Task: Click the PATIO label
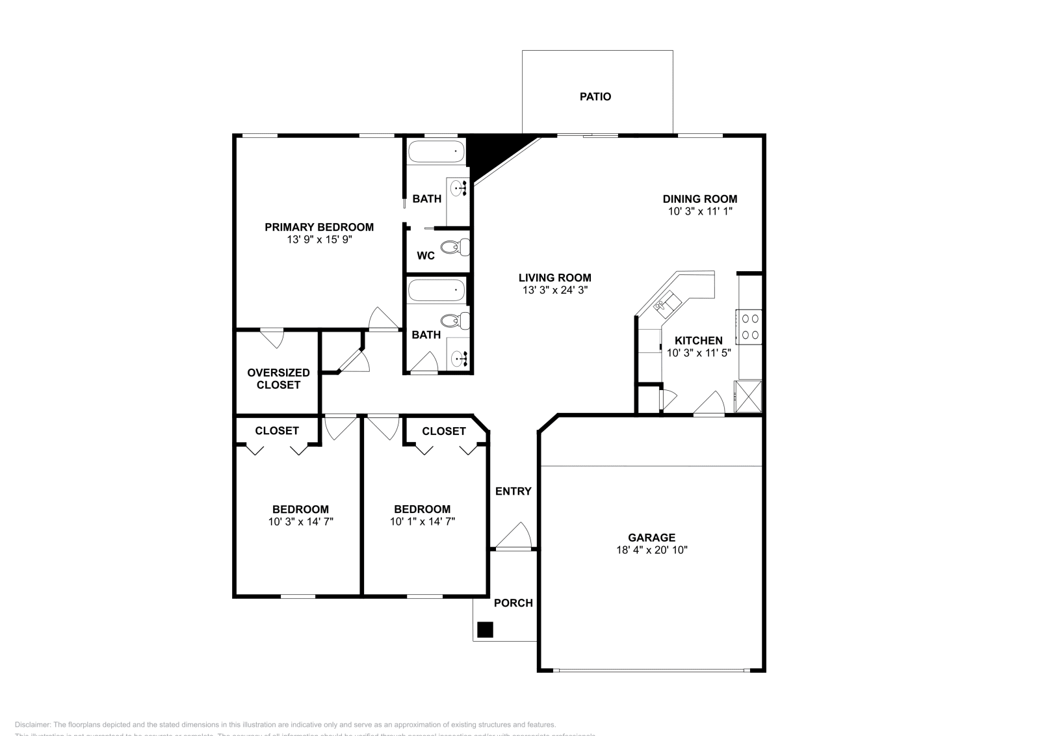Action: pos(595,97)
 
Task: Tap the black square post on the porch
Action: pos(485,629)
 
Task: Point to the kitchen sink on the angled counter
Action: pos(668,302)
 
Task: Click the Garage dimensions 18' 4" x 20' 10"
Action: pos(651,550)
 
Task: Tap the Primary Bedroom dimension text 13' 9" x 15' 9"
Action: pos(318,239)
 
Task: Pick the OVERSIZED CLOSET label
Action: pos(278,378)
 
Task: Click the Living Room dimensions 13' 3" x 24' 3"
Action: pos(554,291)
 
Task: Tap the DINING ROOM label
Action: pos(699,199)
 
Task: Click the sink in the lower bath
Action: pos(460,358)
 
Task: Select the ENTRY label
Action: pos(513,492)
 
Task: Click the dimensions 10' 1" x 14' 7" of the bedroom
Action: pos(422,521)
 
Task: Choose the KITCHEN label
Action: pos(698,341)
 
